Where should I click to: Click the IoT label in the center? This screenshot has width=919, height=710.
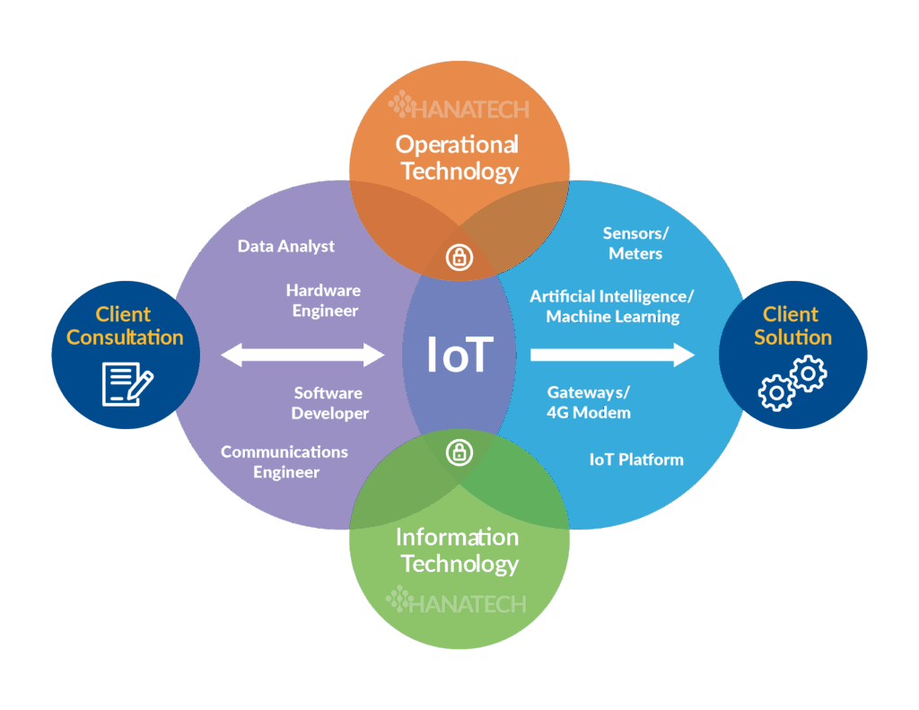click(459, 355)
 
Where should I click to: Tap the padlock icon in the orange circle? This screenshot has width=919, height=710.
click(459, 257)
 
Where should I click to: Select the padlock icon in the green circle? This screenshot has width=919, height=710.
click(459, 452)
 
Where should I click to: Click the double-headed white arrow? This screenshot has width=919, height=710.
click(302, 355)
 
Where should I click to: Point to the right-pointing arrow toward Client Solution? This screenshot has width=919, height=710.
click(612, 355)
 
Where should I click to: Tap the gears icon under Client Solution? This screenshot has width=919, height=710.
click(792, 383)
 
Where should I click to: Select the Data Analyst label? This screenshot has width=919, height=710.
click(286, 246)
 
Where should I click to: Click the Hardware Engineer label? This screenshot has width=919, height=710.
click(323, 300)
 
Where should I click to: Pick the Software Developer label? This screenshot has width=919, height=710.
click(329, 403)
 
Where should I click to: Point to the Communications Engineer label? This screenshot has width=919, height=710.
click(284, 462)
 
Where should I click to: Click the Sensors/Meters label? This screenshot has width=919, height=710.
click(635, 243)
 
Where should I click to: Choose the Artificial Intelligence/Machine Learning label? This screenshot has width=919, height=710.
click(612, 306)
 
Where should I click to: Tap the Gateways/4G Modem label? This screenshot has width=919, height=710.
click(589, 402)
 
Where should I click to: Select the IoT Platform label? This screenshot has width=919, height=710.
click(636, 459)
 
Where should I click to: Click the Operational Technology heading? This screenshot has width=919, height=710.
click(457, 158)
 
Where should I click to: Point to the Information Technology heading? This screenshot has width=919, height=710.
click(457, 550)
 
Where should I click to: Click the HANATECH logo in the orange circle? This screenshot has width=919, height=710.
click(459, 106)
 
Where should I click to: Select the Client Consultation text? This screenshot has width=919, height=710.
click(125, 326)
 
